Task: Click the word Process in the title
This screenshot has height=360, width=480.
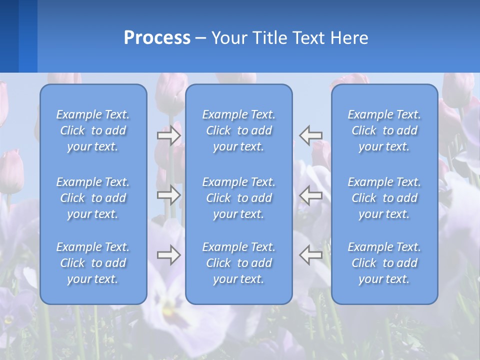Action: [x=157, y=38]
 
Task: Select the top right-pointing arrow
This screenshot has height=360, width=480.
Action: [x=169, y=135]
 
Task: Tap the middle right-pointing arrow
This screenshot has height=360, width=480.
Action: [x=169, y=195]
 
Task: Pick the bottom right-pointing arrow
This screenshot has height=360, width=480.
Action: [x=169, y=255]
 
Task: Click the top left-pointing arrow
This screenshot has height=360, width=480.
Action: [x=311, y=135]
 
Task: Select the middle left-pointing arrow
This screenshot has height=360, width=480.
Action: [x=311, y=195]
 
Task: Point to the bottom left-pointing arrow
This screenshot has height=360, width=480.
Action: [x=311, y=255]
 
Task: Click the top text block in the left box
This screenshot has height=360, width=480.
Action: [x=93, y=130]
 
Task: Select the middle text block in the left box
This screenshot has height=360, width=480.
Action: [x=93, y=198]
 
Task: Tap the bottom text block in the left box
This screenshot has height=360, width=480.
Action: [x=93, y=263]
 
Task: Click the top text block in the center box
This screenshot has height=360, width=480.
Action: [x=239, y=130]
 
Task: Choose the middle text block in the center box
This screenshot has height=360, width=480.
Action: [x=239, y=198]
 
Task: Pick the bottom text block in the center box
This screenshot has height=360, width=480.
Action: [x=239, y=263]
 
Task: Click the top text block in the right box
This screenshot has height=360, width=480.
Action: [x=384, y=130]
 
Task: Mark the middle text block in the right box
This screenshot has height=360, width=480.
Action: [x=384, y=198]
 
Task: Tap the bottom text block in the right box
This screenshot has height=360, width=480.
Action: [x=384, y=263]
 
